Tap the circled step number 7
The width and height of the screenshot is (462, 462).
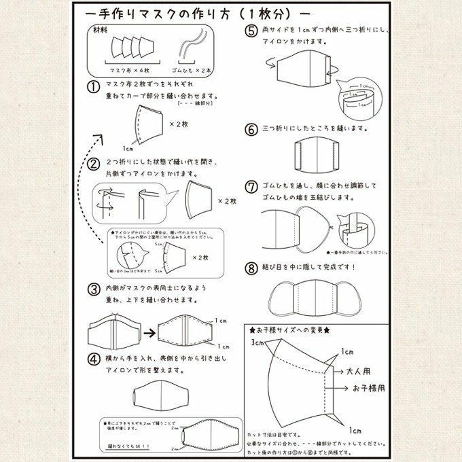pyautogui.click(x=251, y=185)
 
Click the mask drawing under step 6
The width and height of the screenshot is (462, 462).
pyautogui.click(x=318, y=156)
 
